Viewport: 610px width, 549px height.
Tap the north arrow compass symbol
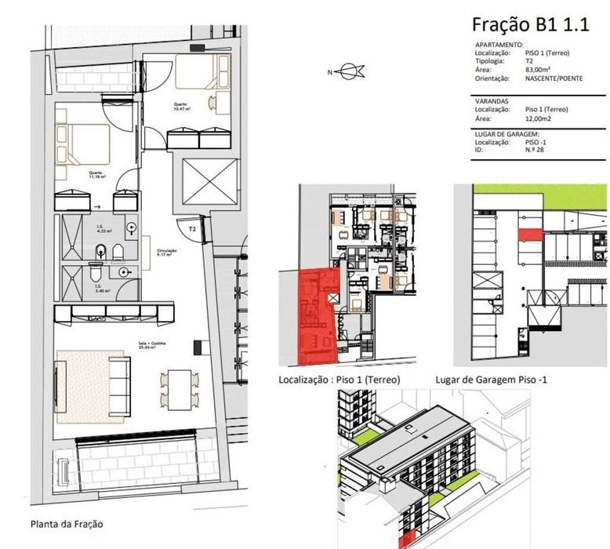point(349,73)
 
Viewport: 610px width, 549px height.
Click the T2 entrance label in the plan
point(191,230)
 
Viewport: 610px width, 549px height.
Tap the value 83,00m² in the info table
point(537,70)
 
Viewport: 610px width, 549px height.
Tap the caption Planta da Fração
point(66,524)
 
